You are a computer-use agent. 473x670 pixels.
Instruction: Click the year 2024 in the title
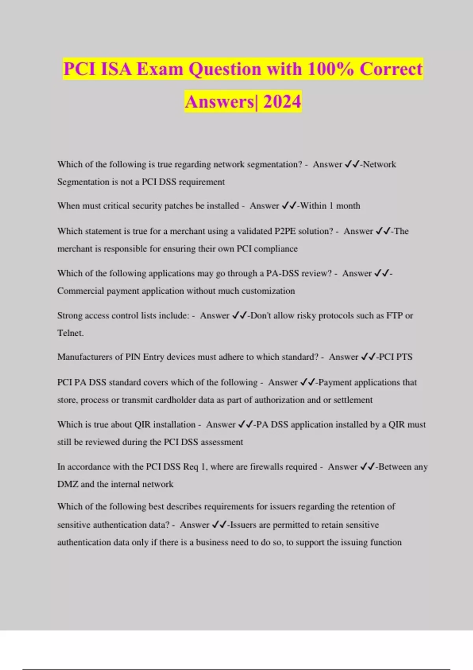pyautogui.click(x=282, y=102)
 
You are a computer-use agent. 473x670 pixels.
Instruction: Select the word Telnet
pyautogui.click(x=70, y=333)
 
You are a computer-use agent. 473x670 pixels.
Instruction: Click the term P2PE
pyautogui.click(x=285, y=231)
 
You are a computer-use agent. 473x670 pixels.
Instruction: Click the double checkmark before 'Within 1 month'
pyautogui.click(x=289, y=206)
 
